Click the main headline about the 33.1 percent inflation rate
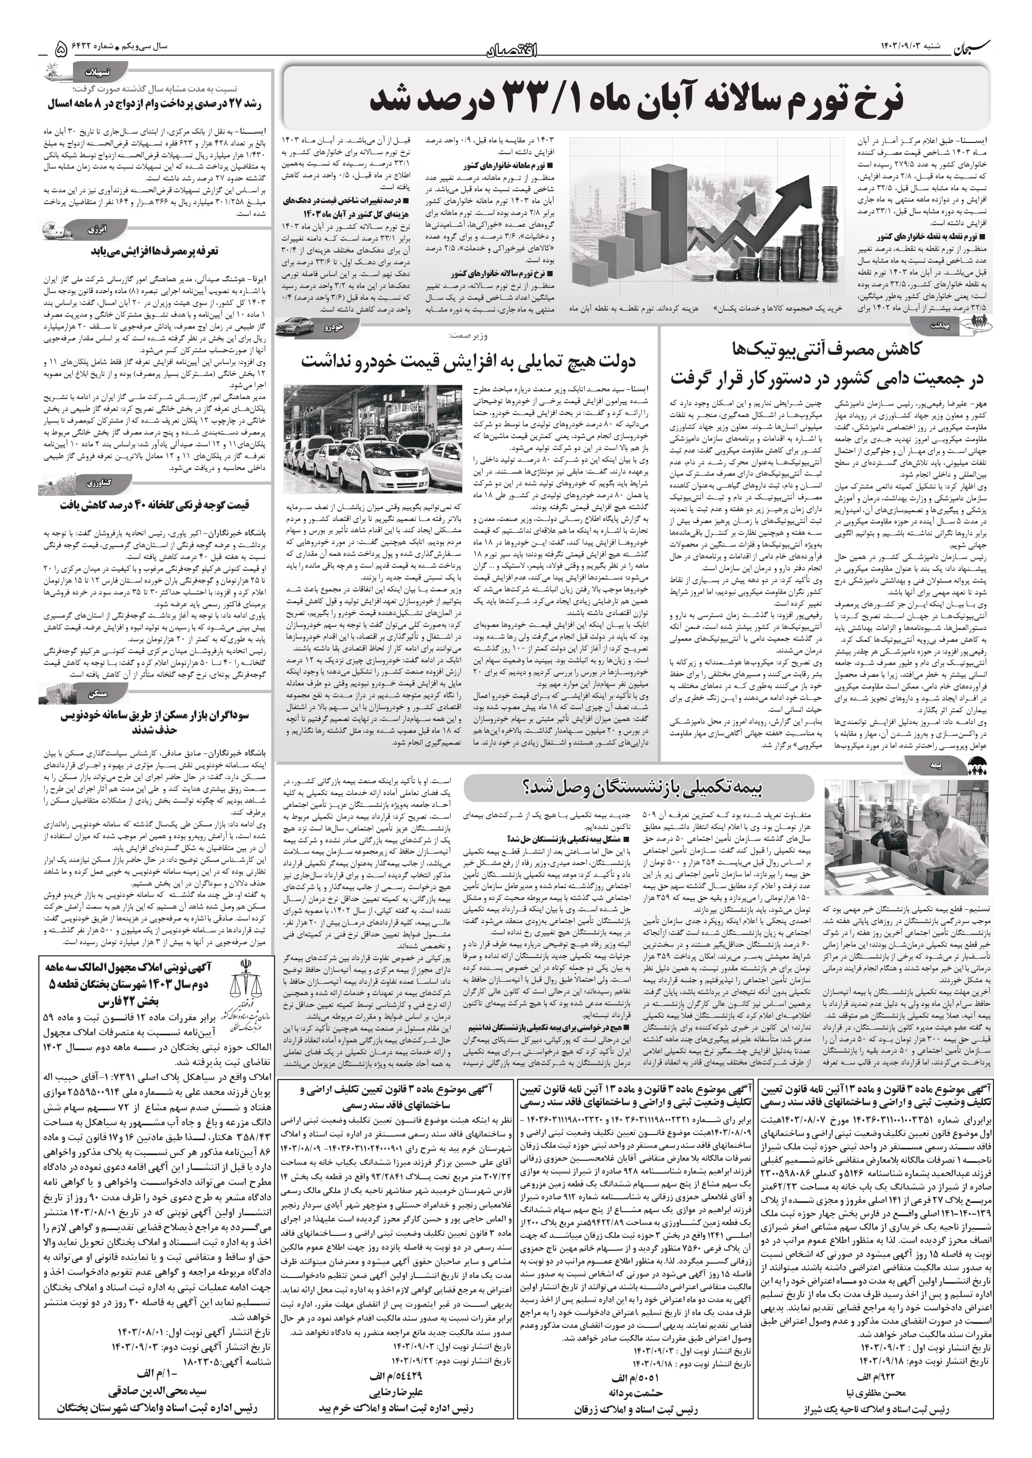click(x=635, y=100)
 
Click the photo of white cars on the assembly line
click(x=373, y=438)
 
